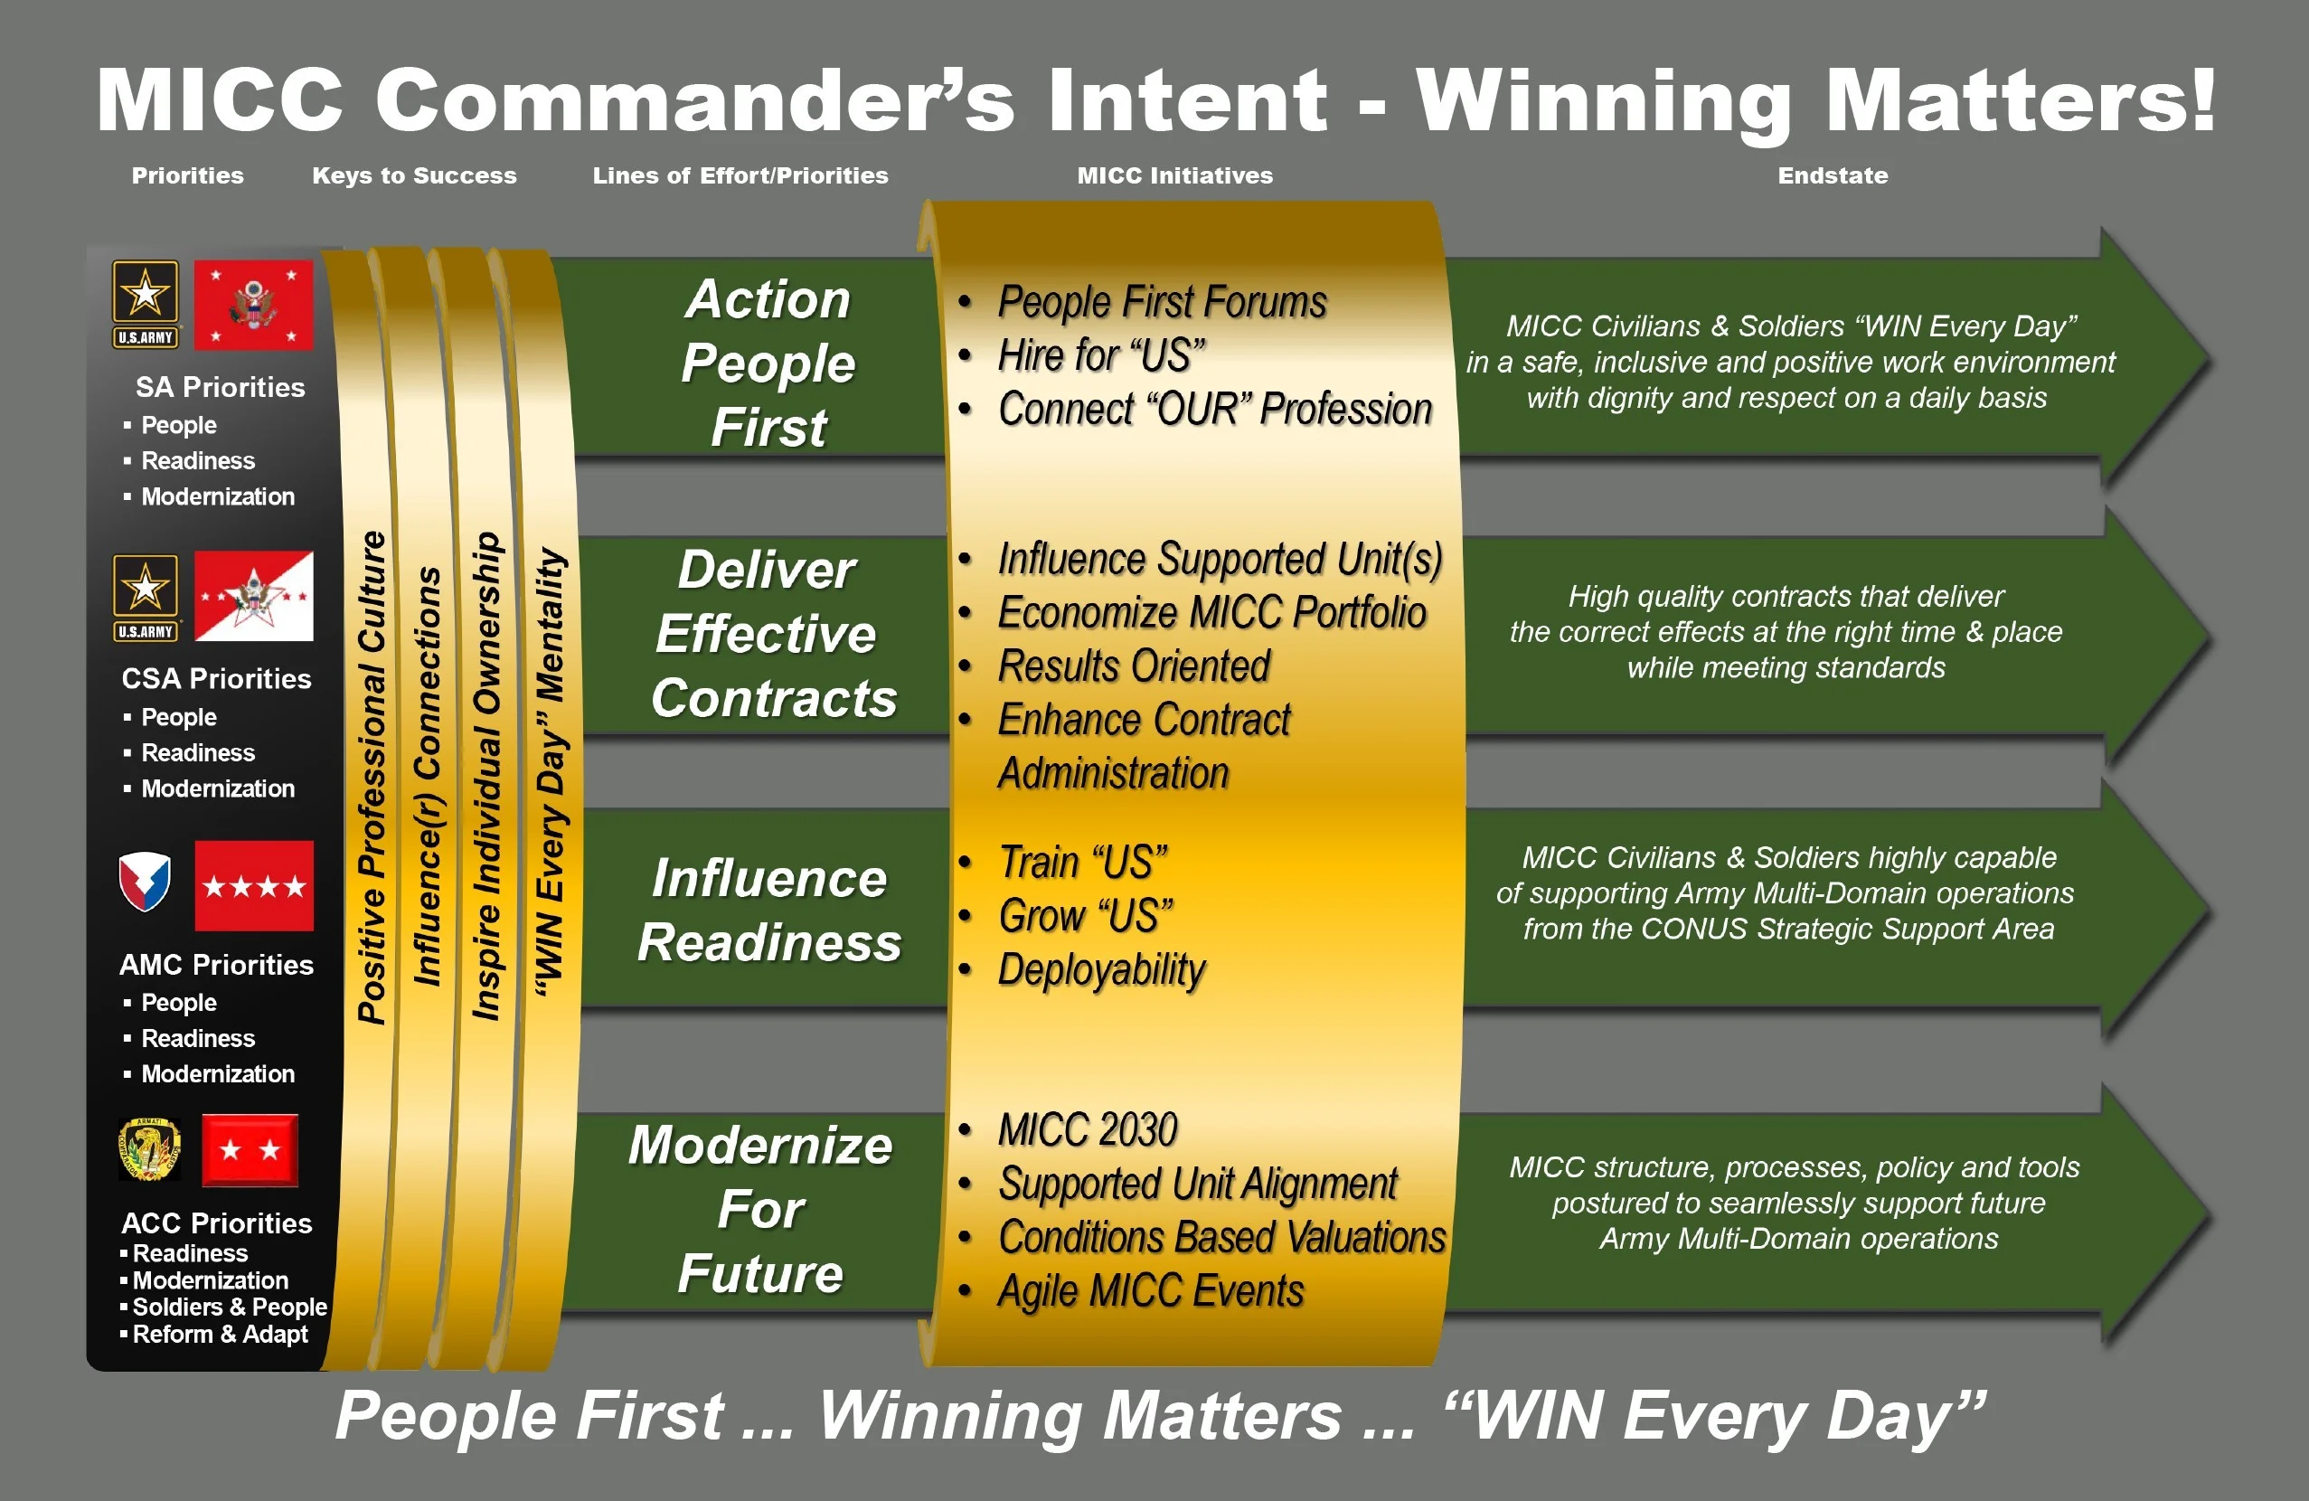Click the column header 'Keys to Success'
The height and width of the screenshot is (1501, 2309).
pyautogui.click(x=414, y=175)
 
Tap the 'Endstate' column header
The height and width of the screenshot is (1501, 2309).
pyautogui.click(x=1833, y=175)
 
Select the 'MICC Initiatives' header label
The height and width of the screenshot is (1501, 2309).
pyautogui.click(x=1175, y=175)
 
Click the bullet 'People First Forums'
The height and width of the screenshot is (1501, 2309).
pyautogui.click(x=1162, y=302)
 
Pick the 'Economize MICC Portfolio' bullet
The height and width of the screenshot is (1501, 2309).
pyautogui.click(x=1211, y=612)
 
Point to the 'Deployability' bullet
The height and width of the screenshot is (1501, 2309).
pyautogui.click(x=1101, y=970)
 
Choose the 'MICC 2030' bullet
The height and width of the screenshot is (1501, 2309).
pyautogui.click(x=1088, y=1129)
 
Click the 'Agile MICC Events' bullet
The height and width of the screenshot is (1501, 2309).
pyautogui.click(x=1151, y=1291)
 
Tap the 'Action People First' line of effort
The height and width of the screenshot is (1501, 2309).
pyautogui.click(x=768, y=363)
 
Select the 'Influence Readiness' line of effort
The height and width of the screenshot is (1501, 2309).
pyautogui.click(x=769, y=911)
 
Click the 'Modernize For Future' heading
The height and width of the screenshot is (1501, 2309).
pyautogui.click(x=760, y=1209)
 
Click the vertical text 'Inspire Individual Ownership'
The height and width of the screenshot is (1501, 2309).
pyautogui.click(x=486, y=776)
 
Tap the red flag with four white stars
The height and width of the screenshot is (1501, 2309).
pyautogui.click(x=254, y=886)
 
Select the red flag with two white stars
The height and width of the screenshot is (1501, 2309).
pyautogui.click(x=250, y=1151)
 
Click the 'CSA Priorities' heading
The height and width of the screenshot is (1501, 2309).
pyautogui.click(x=216, y=678)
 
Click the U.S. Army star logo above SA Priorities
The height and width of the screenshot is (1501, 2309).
pyautogui.click(x=146, y=304)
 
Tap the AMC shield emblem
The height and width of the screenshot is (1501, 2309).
pyautogui.click(x=145, y=882)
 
